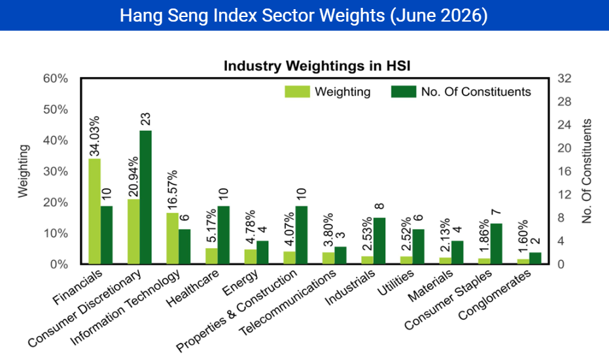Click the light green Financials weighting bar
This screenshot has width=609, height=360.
coord(94,211)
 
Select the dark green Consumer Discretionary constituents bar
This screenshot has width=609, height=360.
coord(146,197)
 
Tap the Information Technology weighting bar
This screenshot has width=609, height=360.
coord(173,238)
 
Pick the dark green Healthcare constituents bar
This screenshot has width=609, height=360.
coord(223,235)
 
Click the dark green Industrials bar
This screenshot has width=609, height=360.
coord(379,241)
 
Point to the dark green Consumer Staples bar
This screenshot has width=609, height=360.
coord(496,243)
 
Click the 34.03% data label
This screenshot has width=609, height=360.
coord(94,135)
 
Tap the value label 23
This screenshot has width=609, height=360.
coord(145,119)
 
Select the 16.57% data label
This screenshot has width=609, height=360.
coord(173,190)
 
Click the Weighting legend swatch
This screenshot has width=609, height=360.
coord(297,92)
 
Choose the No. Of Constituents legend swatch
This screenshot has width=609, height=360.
coord(404,92)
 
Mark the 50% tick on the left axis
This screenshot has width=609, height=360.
coord(56,109)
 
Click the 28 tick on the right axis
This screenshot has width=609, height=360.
coord(565,102)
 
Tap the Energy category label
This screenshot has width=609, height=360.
coord(241,282)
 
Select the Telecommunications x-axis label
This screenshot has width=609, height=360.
coord(288,302)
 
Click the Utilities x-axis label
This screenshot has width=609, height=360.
coord(396,283)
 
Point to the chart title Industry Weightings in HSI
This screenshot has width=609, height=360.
coord(317,65)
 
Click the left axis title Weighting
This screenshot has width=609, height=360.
coord(24,171)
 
